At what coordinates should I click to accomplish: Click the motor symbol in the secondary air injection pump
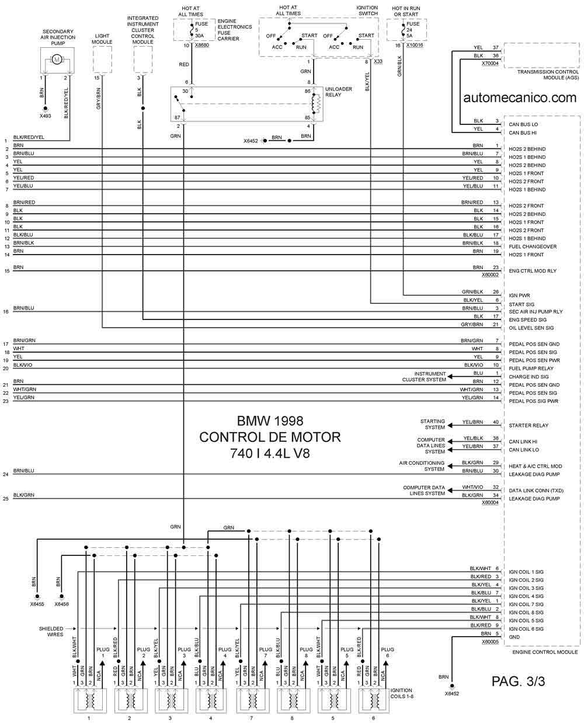(57, 60)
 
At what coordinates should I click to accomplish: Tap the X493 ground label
(45, 116)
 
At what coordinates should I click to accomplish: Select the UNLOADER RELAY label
(338, 92)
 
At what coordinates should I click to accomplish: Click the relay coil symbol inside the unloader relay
(317, 103)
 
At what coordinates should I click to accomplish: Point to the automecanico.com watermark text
(520, 98)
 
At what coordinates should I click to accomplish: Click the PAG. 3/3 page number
(518, 682)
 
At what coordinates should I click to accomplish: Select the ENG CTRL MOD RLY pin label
(533, 271)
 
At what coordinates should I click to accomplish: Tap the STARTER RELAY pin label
(529, 425)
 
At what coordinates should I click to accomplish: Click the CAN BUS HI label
(522, 133)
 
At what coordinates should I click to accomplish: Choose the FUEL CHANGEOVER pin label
(533, 246)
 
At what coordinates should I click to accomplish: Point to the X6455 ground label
(37, 604)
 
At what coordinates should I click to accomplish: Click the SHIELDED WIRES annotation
(51, 631)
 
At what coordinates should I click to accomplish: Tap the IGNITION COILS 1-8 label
(401, 693)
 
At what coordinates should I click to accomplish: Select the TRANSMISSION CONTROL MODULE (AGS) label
(548, 75)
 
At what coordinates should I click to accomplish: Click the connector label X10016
(414, 45)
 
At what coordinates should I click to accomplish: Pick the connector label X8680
(201, 45)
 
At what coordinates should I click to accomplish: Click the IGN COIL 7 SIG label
(526, 604)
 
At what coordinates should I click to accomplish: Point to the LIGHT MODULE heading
(102, 39)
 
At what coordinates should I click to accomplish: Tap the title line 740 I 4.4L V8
(270, 454)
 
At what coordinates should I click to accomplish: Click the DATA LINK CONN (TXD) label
(536, 491)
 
